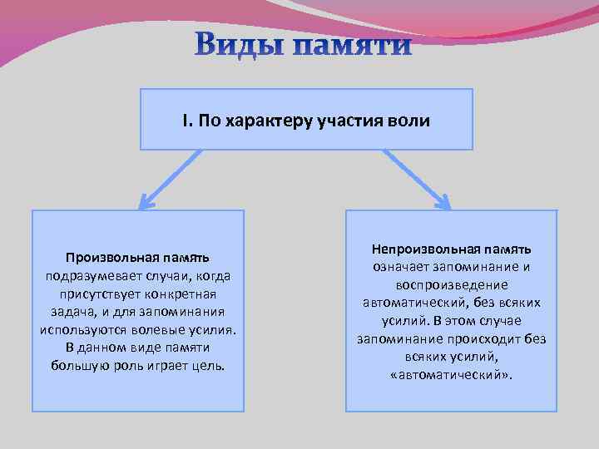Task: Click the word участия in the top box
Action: pyautogui.click(x=349, y=121)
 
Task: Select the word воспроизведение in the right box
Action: pyautogui.click(x=451, y=284)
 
